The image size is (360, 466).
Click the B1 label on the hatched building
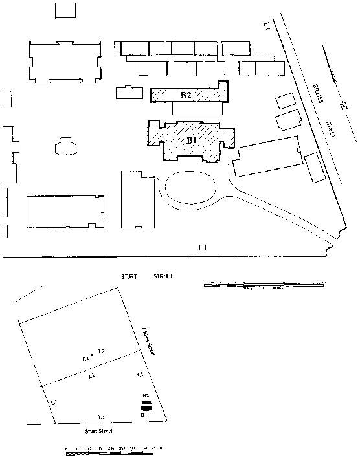point(192,140)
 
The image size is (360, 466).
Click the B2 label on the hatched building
point(186,96)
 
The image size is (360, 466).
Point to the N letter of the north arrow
point(344,105)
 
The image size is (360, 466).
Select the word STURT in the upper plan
point(130,277)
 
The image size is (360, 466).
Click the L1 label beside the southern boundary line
point(203,248)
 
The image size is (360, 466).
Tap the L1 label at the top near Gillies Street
point(267,25)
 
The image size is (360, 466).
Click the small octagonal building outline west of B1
point(65,146)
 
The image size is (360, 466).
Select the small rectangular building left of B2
point(129,93)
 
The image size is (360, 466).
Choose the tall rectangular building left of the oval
point(138,200)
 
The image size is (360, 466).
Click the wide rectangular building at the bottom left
point(65,212)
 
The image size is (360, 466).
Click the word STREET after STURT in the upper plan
point(163,277)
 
